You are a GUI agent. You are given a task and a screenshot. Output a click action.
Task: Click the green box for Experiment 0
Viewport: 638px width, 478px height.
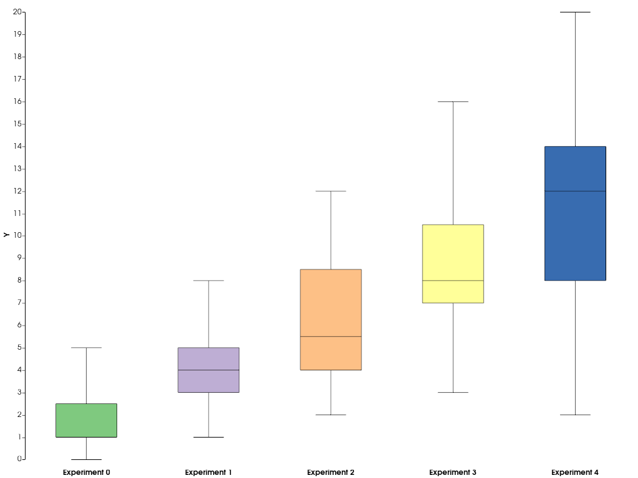86,421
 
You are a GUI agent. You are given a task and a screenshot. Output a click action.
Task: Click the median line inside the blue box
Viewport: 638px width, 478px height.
575,191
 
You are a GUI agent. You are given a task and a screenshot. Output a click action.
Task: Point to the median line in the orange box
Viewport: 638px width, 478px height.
331,336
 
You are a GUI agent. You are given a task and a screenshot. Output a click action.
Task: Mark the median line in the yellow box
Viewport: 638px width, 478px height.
453,281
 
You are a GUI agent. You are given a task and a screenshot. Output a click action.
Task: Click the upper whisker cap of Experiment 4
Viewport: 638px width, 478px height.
575,12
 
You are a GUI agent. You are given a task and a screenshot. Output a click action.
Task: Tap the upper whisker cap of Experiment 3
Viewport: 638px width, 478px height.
453,101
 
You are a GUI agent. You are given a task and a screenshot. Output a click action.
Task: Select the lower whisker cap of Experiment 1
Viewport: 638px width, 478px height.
208,437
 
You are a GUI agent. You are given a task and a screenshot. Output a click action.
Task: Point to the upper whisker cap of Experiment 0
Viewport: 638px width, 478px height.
86,348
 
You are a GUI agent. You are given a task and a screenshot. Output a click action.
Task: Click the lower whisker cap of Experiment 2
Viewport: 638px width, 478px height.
331,415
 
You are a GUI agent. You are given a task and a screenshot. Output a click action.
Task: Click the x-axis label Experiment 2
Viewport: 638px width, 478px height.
331,472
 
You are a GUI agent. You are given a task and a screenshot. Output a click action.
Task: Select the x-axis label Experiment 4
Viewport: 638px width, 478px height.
575,472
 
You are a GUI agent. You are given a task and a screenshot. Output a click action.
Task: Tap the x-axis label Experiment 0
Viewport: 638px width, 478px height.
86,472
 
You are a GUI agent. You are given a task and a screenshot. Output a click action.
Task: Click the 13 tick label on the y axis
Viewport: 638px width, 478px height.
17,169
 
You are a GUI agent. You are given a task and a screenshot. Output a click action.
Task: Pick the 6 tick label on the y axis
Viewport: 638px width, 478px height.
19,325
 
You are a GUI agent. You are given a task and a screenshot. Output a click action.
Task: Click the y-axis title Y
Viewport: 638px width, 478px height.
6,235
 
